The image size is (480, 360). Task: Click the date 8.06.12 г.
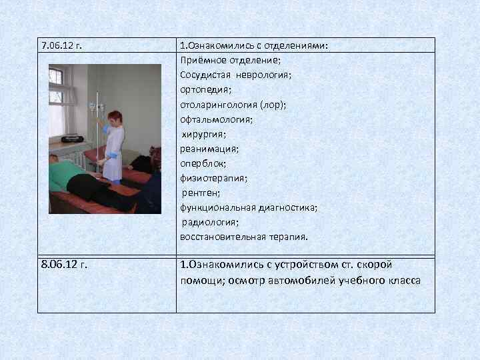[x=64, y=265]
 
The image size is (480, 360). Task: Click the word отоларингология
[x=217, y=105]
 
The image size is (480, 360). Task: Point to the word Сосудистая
[x=204, y=75]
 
